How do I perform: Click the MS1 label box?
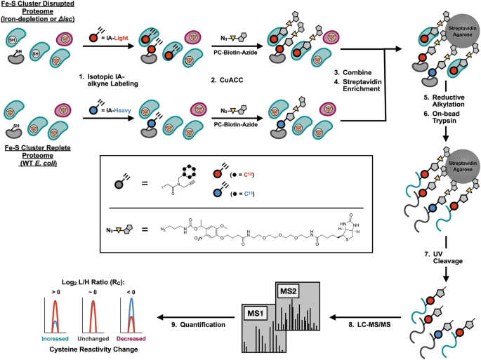pos(256,313)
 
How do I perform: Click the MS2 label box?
pos(289,291)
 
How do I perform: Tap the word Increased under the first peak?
pos(55,338)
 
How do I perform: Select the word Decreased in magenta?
pos(131,338)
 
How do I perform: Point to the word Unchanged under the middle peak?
pos(93,338)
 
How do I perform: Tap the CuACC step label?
pos(227,80)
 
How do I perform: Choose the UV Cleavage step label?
pos(444,258)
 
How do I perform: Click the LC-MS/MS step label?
pos(369,324)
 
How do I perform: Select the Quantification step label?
pos(198,324)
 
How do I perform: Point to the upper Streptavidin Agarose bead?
pos(462,31)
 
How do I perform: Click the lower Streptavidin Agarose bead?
pos(463,166)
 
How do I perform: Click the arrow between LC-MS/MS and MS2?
pos(365,317)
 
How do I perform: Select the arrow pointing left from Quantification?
pos(196,317)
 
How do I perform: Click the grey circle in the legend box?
pos(119,185)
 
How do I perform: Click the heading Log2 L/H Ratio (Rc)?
pos(93,282)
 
